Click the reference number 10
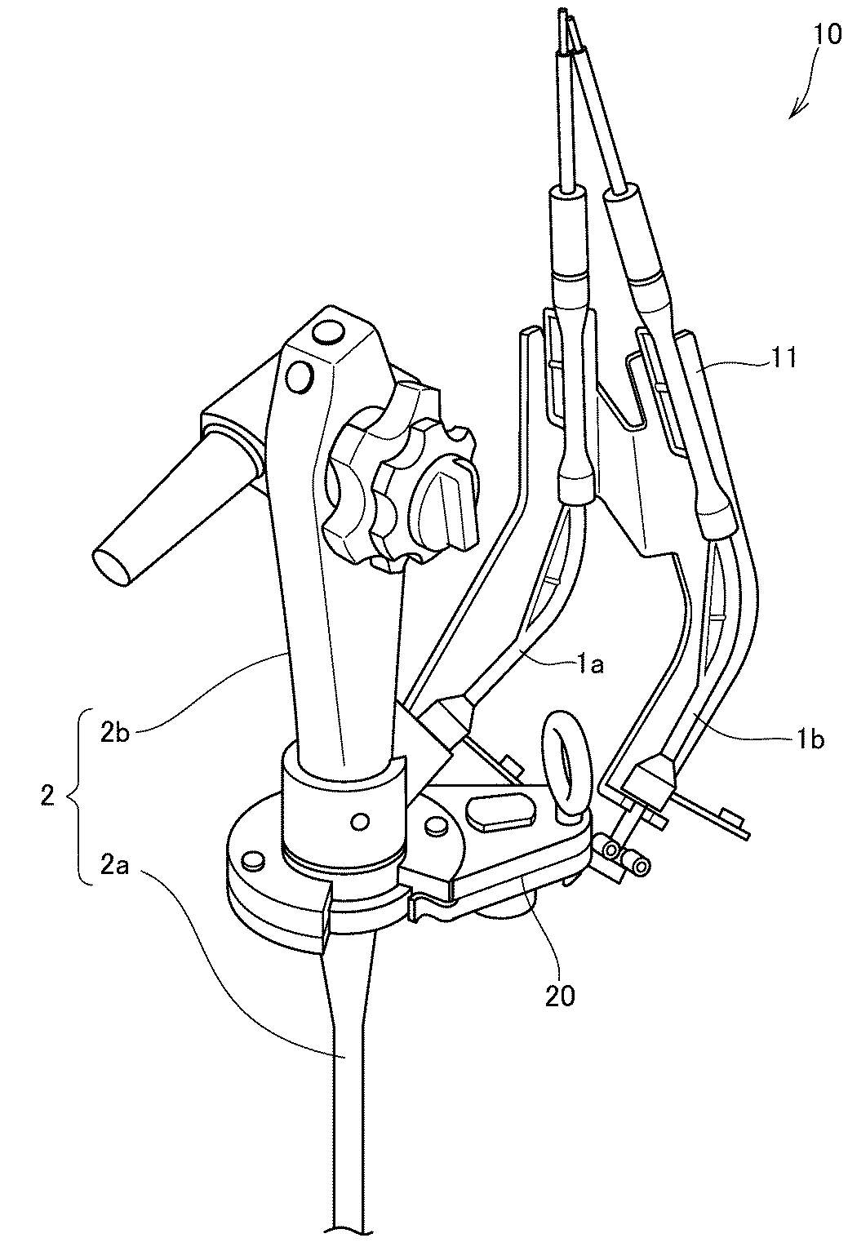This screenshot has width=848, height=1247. [x=827, y=35]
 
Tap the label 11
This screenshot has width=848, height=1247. [x=781, y=357]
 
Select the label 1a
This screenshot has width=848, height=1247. [x=589, y=665]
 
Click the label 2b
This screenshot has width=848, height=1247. [x=115, y=733]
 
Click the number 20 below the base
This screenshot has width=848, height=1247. [x=559, y=997]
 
